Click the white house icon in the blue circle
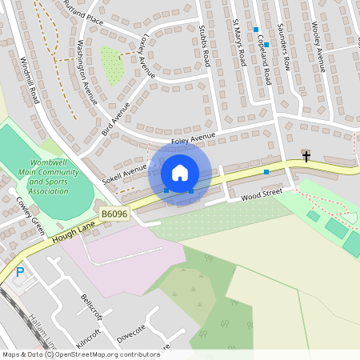180,173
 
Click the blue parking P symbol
20,272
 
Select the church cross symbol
306,156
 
